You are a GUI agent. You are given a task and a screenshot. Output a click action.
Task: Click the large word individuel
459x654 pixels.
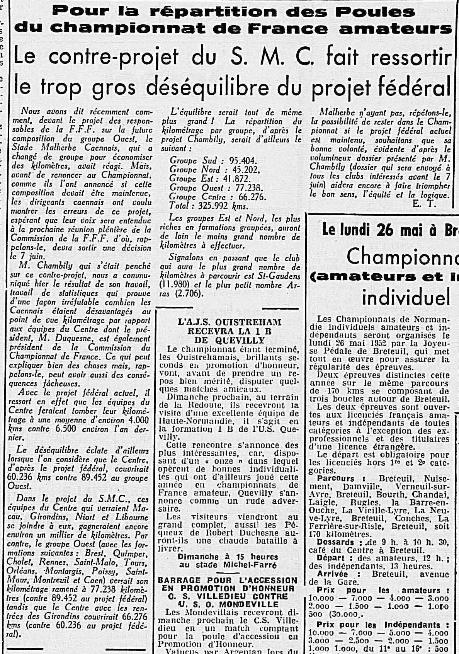[x=406, y=297]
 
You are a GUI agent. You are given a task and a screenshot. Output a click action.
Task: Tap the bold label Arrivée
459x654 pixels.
[x=332, y=574]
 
